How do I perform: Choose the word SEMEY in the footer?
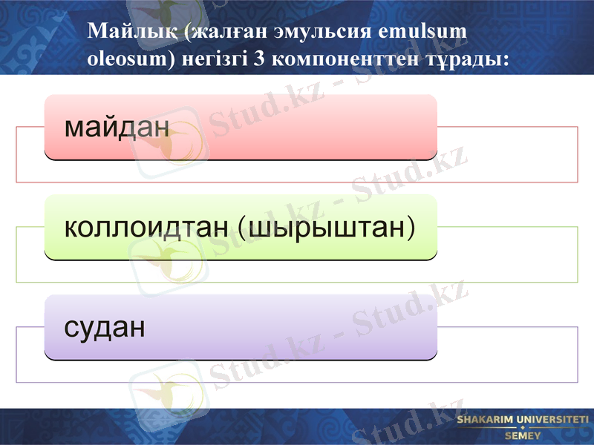click(523, 435)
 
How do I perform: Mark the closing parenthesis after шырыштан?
click(410, 228)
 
